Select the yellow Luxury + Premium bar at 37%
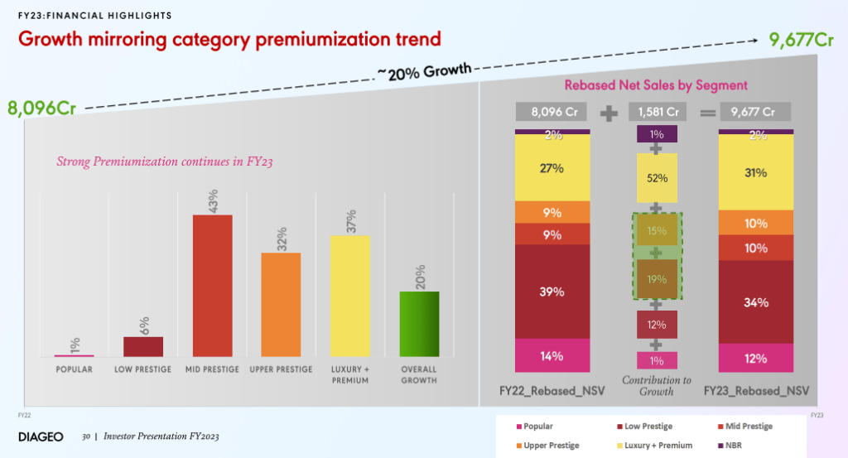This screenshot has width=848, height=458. click(350, 296)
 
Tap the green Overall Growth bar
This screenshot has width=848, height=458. click(419, 324)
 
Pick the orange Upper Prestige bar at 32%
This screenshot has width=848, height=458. click(281, 304)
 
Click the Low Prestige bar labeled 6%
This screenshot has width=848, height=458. click(143, 346)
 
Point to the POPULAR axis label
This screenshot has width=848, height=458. click(74, 369)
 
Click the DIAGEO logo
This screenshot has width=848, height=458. click(41, 436)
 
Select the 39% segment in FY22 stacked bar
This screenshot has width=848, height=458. click(552, 292)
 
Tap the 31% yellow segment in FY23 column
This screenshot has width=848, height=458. click(755, 172)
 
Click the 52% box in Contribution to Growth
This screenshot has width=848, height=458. click(657, 178)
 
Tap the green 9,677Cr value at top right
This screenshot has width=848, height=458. click(801, 39)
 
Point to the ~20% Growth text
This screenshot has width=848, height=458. click(423, 73)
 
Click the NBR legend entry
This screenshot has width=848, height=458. click(743, 446)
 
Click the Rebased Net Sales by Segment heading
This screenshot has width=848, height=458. click(656, 84)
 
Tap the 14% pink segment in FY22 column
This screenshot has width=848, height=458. click(552, 355)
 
